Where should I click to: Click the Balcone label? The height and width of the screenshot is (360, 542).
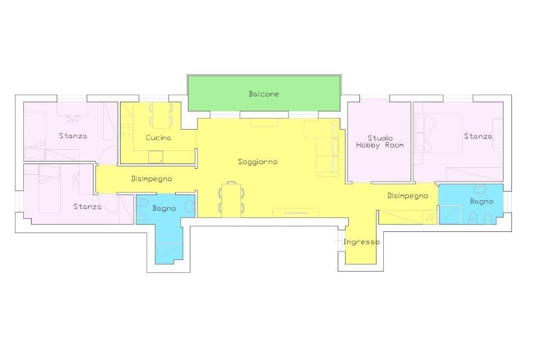pyautogui.click(x=264, y=94)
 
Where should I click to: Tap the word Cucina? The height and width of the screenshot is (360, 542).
pyautogui.click(x=158, y=138)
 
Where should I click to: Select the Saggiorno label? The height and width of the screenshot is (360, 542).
pyautogui.click(x=258, y=162)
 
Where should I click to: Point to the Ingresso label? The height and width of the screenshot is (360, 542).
pyautogui.click(x=362, y=242)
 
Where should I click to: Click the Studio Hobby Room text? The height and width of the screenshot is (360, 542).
pyautogui.click(x=380, y=142)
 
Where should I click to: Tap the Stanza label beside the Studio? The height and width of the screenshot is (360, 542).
pyautogui.click(x=478, y=136)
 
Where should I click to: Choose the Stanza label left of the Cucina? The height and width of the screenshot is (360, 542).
pyautogui.click(x=73, y=136)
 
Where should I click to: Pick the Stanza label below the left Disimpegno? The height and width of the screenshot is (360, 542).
pyautogui.click(x=87, y=207)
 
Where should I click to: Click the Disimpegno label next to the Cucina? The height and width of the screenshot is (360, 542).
pyautogui.click(x=152, y=179)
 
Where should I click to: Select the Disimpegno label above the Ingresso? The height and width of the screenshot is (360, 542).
pyautogui.click(x=408, y=196)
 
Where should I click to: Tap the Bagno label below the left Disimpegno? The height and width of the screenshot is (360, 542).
pyautogui.click(x=164, y=209)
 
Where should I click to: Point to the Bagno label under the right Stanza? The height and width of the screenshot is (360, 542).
pyautogui.click(x=482, y=201)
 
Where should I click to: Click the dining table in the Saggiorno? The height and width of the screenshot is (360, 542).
pyautogui.click(x=231, y=200)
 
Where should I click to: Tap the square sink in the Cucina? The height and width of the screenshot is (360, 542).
pyautogui.click(x=156, y=157)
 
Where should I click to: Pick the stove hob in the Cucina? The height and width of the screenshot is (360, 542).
pyautogui.click(x=127, y=131)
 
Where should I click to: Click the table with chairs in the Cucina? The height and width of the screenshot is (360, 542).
pyautogui.click(x=161, y=115)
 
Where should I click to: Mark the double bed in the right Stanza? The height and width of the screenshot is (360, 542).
pyautogui.click(x=438, y=133)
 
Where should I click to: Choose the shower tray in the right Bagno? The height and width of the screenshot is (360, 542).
pyautogui.click(x=450, y=215)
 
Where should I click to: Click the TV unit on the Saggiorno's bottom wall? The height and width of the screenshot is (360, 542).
pyautogui.click(x=296, y=213)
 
